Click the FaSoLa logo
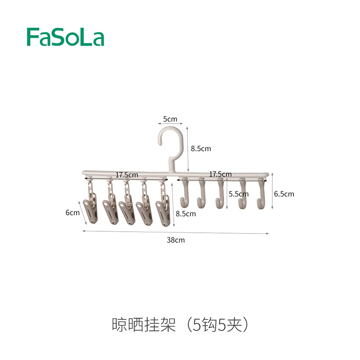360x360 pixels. pyautogui.click(x=66, y=36)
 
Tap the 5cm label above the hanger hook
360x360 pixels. pyautogui.click(x=170, y=119)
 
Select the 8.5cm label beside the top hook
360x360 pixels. pyautogui.click(x=200, y=148)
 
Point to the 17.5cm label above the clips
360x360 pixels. pyautogui.click(x=126, y=175)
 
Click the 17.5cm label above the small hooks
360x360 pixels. pyautogui.click(x=220, y=174)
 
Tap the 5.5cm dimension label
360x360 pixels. pyautogui.click(x=238, y=194)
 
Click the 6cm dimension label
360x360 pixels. pyautogui.click(x=72, y=213)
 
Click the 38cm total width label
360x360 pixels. pyautogui.click(x=175, y=240)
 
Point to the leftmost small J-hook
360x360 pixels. pyautogui.click(x=184, y=192)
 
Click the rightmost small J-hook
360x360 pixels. pyautogui.click(x=261, y=193)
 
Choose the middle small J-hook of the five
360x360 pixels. pyautogui.click(x=220, y=193)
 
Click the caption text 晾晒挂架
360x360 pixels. pyautogui.click(x=144, y=325)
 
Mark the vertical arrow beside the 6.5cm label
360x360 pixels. pyautogui.click(x=272, y=191)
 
